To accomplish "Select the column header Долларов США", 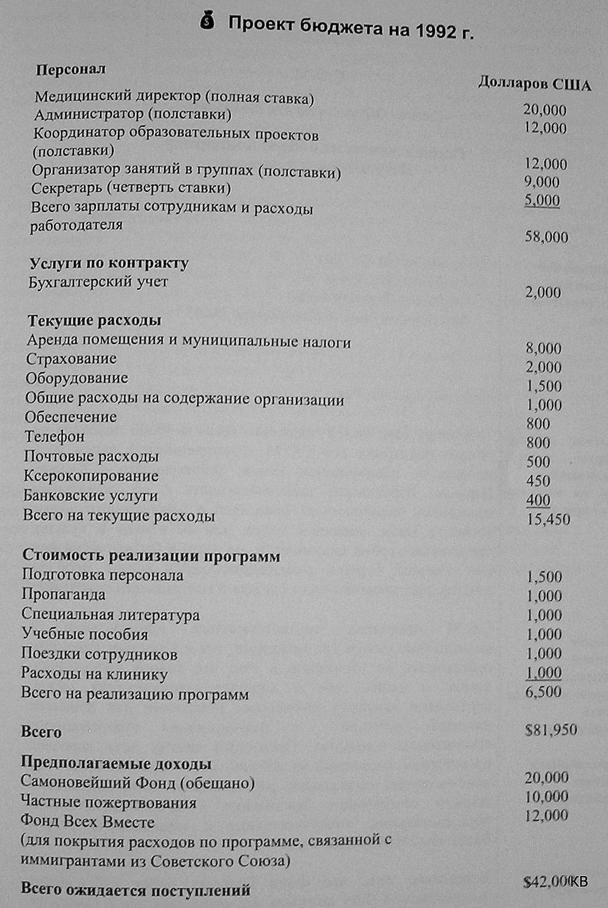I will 534,84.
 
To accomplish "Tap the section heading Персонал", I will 71,69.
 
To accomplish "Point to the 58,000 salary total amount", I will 546,237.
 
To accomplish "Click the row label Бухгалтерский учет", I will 98,282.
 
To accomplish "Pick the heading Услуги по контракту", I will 109,263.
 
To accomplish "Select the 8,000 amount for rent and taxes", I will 543,348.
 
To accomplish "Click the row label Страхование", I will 71,359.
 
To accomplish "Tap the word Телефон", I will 54,437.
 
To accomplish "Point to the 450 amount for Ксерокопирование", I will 538,481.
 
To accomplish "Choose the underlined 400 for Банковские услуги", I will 538,500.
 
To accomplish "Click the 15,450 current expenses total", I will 548,519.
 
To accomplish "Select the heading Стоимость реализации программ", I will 151,556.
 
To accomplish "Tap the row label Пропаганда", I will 63,594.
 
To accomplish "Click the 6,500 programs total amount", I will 543,691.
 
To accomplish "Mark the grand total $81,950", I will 551,729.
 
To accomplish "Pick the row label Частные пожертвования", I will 108,803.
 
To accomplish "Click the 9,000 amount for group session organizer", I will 542,182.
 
